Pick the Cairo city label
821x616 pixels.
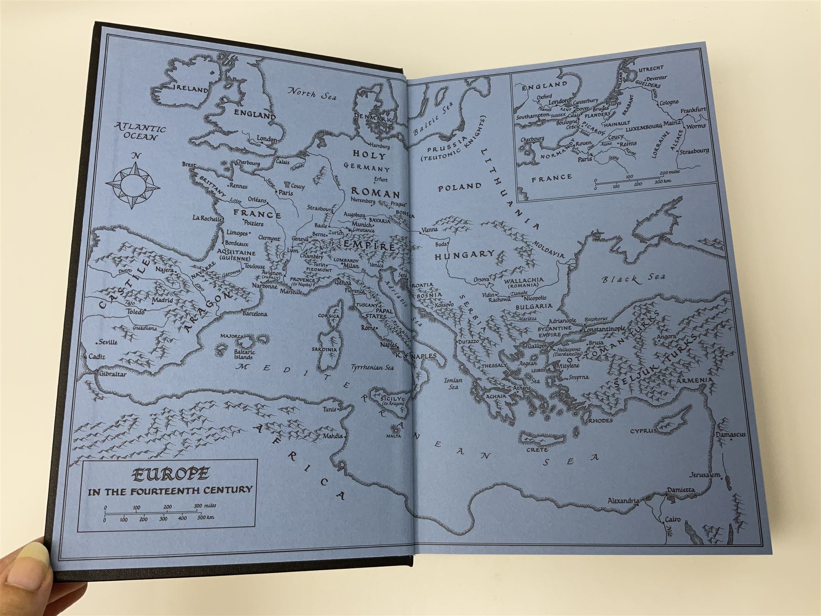pyautogui.click(x=672, y=520)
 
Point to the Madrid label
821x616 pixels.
pyautogui.click(x=162, y=300)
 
